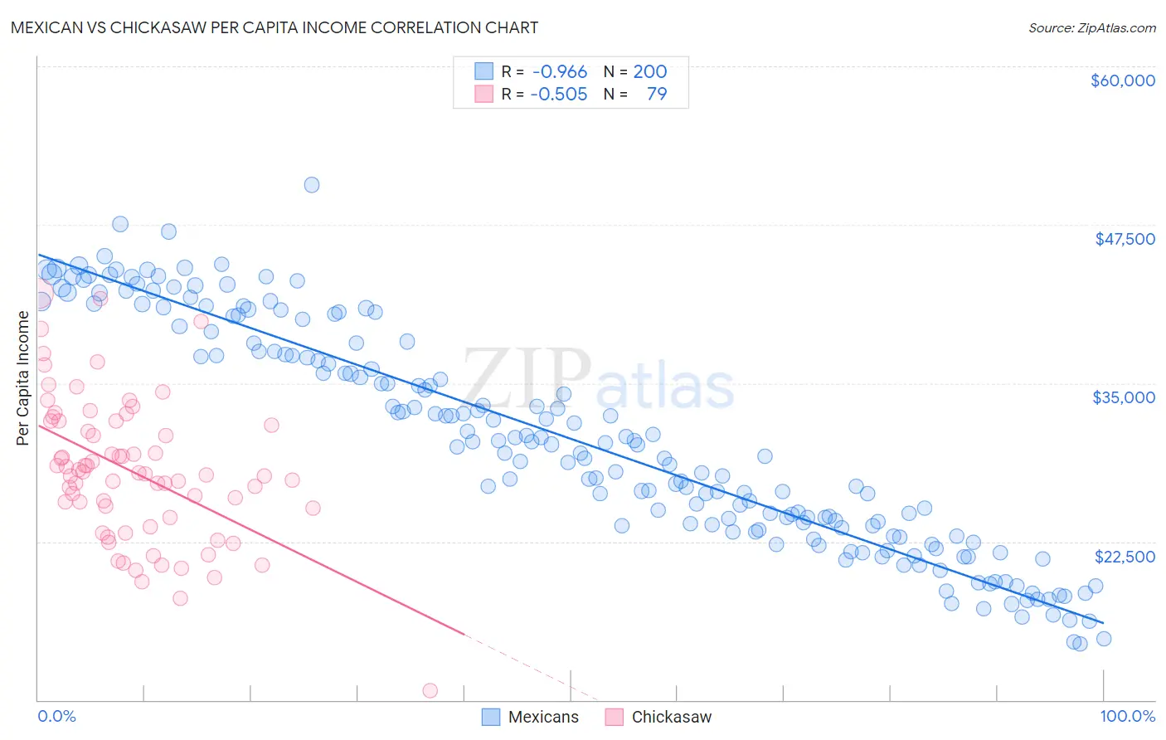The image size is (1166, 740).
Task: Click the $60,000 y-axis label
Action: (x=1122, y=80)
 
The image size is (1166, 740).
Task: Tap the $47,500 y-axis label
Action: (x=1125, y=239)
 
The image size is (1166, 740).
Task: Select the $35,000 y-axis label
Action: (x=1124, y=397)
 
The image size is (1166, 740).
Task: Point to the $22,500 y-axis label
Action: (x=1125, y=557)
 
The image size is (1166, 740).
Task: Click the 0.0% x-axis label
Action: (x=56, y=716)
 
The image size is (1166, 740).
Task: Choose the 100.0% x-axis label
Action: (x=1127, y=716)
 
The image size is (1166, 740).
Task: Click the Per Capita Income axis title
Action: (x=23, y=377)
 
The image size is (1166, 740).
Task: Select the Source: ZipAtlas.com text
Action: (x=1091, y=27)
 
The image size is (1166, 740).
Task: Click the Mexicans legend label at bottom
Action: (x=543, y=717)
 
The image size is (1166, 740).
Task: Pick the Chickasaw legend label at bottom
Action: (x=671, y=717)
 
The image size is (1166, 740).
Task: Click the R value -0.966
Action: (x=560, y=72)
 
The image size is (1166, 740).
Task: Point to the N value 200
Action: (x=650, y=72)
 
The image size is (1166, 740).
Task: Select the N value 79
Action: (x=656, y=94)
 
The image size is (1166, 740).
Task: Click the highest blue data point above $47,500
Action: (x=312, y=185)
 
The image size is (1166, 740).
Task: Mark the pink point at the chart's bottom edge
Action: (x=430, y=690)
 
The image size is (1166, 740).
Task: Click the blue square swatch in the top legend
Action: (x=483, y=72)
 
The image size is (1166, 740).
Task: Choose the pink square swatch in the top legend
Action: (x=483, y=94)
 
